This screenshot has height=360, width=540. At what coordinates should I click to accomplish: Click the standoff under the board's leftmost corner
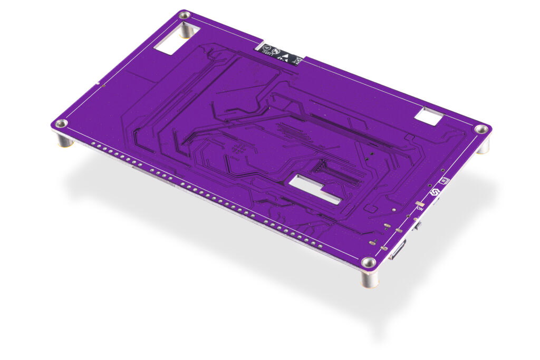tap(64, 140)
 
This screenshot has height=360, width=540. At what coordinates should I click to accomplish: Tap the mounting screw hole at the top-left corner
tap(185, 16)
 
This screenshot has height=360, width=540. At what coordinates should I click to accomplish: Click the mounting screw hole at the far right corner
tap(481, 129)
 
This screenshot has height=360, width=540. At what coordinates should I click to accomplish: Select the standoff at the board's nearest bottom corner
tap(370, 279)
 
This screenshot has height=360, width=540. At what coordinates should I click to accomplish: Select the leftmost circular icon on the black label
tap(267, 47)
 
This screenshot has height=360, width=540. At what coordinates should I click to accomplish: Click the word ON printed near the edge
tap(420, 209)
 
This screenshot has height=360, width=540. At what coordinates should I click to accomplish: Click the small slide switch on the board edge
tap(418, 227)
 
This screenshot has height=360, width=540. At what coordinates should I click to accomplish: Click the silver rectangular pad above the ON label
tap(420, 203)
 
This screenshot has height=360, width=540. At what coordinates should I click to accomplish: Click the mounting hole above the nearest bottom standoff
tap(369, 262)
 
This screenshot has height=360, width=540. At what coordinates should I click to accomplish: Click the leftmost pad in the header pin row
tap(93, 143)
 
